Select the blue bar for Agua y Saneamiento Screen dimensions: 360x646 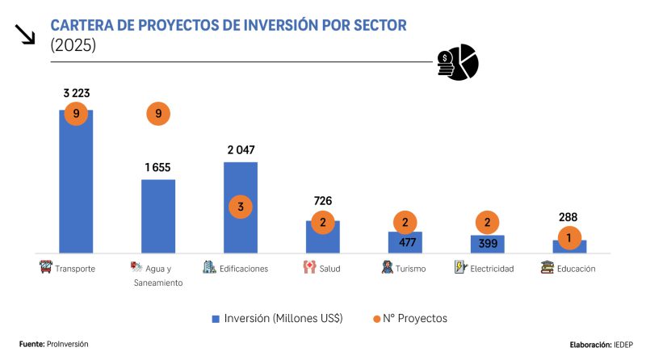pyautogui.click(x=158, y=216)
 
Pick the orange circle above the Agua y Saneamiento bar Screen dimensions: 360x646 pyautogui.click(x=158, y=114)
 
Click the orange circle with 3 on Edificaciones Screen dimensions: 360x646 pyautogui.click(x=241, y=207)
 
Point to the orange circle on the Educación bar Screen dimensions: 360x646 pyautogui.click(x=570, y=238)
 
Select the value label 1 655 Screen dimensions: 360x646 pyautogui.click(x=158, y=167)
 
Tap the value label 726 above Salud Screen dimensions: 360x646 pyautogui.click(x=323, y=201)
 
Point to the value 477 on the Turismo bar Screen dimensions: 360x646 pyautogui.click(x=405, y=242)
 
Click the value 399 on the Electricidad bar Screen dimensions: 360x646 pyautogui.click(x=488, y=244)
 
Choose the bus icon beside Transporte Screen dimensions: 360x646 pyautogui.click(x=45, y=266)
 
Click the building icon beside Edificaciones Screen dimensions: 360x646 pyautogui.click(x=209, y=266)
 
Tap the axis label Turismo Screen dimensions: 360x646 pyautogui.click(x=410, y=269)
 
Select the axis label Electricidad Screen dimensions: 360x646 pyautogui.click(x=492, y=269)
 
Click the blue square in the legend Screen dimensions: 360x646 pyautogui.click(x=216, y=318)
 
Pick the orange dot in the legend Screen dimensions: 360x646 pyautogui.click(x=375, y=318)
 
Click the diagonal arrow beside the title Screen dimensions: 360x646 pyautogui.click(x=25, y=34)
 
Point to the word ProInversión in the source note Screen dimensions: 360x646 pyautogui.click(x=67, y=344)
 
